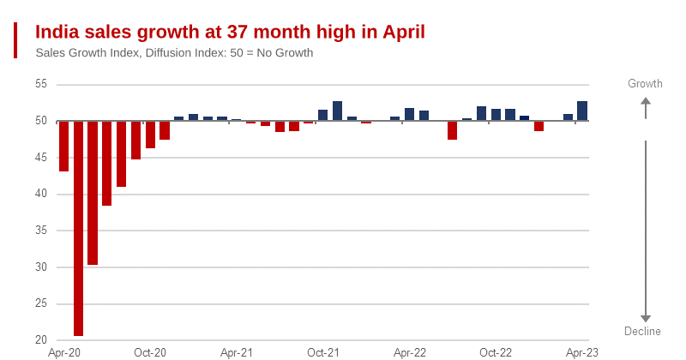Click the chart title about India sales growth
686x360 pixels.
click(x=230, y=32)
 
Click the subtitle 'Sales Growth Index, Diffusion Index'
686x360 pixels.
click(x=174, y=53)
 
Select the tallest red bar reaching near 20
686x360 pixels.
click(x=78, y=228)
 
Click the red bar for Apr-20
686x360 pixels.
click(x=63, y=146)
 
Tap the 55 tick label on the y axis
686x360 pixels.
click(x=41, y=84)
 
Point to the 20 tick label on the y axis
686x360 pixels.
click(x=41, y=340)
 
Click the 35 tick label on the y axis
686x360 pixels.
click(x=41, y=231)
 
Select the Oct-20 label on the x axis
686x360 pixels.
click(x=150, y=352)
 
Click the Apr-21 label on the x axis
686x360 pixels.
click(x=236, y=352)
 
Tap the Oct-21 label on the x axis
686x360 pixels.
click(x=323, y=352)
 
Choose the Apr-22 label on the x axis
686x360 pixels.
click(x=410, y=352)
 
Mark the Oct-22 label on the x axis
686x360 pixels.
click(x=496, y=352)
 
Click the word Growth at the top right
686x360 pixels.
click(x=646, y=84)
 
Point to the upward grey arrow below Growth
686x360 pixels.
click(x=646, y=107)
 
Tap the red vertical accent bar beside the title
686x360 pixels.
click(x=15, y=40)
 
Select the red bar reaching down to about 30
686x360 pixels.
click(x=93, y=193)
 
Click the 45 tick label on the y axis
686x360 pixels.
click(x=41, y=158)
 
